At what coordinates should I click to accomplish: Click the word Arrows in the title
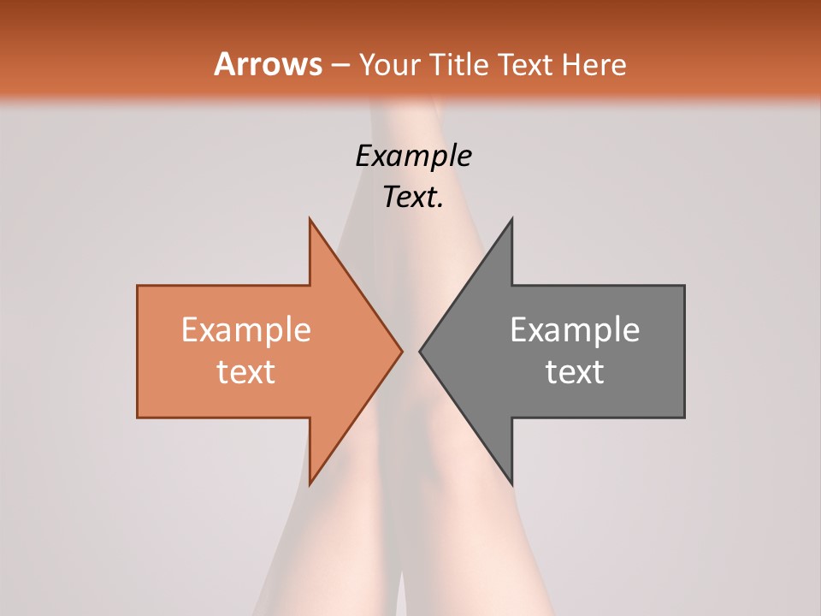click(x=268, y=64)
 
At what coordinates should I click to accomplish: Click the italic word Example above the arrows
click(x=413, y=157)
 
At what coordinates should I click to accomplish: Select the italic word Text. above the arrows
click(x=413, y=198)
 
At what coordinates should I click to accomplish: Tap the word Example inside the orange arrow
click(x=246, y=330)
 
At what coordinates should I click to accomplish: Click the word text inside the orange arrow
click(x=246, y=372)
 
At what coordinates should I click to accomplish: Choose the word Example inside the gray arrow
click(x=575, y=330)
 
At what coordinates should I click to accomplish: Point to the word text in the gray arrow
click(x=575, y=372)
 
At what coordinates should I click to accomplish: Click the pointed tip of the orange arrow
click(x=402, y=351)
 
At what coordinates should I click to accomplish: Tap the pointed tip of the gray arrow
click(x=420, y=351)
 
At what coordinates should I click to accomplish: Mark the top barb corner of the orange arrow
click(x=310, y=218)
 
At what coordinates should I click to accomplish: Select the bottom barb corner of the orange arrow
click(x=310, y=484)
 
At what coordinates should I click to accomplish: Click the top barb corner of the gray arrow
click(x=511, y=218)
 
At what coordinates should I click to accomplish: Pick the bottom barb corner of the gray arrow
click(x=511, y=484)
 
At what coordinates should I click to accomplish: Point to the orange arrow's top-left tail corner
click(x=138, y=286)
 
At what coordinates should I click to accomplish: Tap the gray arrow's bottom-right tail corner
click(x=684, y=418)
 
